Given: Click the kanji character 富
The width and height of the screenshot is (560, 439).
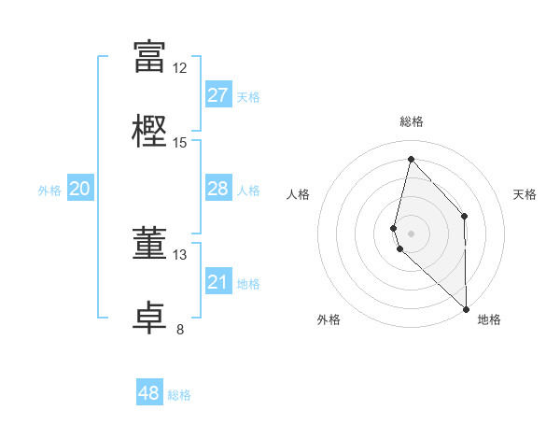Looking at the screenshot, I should (x=149, y=57).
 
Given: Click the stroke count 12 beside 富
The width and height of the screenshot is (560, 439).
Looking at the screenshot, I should (x=180, y=67).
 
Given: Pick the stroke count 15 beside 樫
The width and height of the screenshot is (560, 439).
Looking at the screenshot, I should (x=180, y=142).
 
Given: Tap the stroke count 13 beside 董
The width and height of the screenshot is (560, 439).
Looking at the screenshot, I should (x=180, y=254).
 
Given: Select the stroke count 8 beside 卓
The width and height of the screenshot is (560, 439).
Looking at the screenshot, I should (x=180, y=329).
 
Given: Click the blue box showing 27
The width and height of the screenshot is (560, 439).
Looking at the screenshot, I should (x=218, y=94).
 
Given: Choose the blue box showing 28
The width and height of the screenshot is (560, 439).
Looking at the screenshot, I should (x=218, y=189).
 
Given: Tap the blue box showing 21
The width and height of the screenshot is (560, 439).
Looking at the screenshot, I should (x=218, y=282).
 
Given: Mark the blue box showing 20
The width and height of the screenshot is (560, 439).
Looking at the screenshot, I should (x=80, y=189).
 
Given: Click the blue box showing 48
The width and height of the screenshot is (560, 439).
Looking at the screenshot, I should (x=149, y=393).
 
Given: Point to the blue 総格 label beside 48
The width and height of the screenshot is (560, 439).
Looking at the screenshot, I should (x=179, y=395).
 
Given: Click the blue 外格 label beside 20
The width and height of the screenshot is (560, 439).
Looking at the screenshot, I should (x=49, y=191).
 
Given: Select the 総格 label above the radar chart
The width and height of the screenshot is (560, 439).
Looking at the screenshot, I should (x=412, y=121).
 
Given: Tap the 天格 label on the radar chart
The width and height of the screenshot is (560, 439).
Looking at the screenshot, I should (x=525, y=194).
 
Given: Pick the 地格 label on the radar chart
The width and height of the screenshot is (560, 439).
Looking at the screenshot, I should (x=489, y=319).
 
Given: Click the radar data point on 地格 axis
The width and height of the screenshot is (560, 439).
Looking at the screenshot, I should (x=466, y=308).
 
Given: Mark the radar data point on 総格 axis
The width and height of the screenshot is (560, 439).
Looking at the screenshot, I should (x=411, y=159).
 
